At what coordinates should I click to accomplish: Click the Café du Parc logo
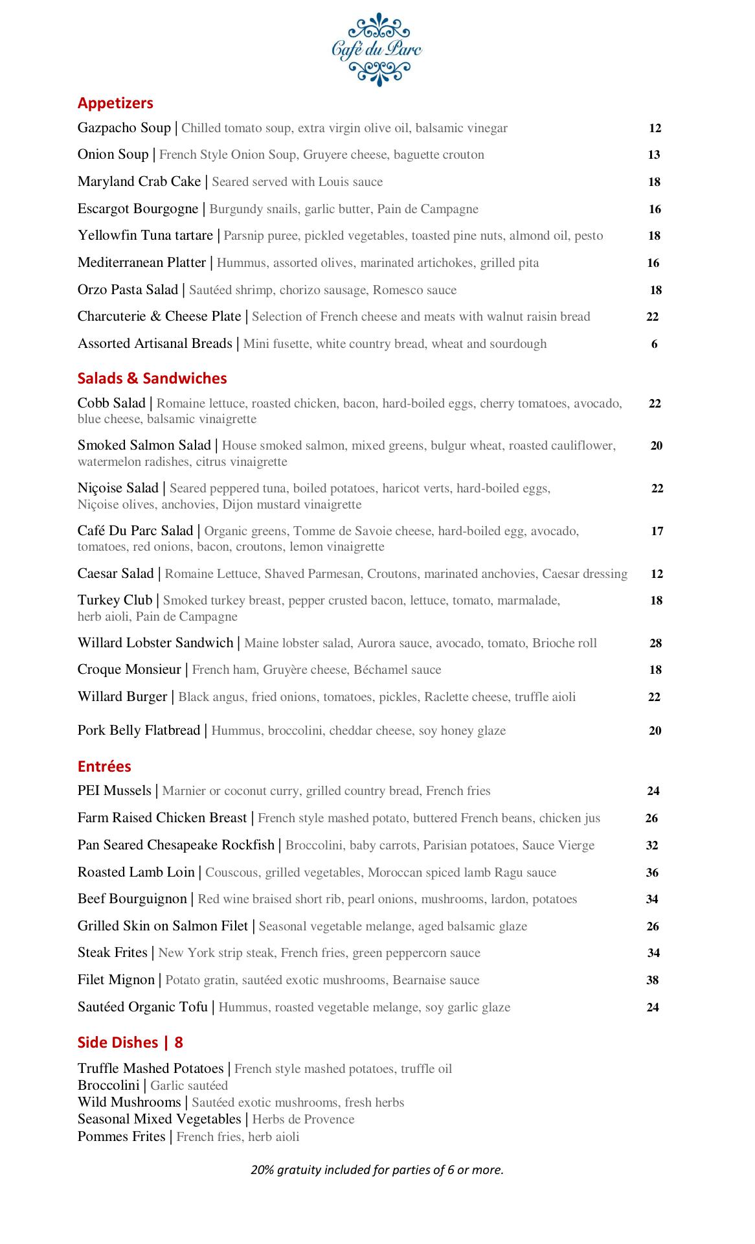coord(377,49)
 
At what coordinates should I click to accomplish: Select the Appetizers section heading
coord(115,103)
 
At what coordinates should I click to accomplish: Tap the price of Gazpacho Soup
coord(655,128)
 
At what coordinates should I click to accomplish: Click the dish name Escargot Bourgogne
coord(138,209)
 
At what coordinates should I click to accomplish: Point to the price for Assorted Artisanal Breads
coord(654,344)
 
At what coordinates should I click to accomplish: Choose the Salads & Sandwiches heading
coord(152,378)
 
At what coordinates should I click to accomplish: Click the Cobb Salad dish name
coord(111,404)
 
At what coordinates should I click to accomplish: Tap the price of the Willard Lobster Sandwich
coord(655,643)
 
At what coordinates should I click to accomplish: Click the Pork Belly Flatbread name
coord(139,730)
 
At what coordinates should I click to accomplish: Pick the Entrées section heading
coord(104,766)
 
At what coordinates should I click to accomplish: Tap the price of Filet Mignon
coord(652,980)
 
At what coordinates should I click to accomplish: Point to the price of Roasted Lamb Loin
coord(652,873)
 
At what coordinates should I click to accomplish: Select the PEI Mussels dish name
coord(114,790)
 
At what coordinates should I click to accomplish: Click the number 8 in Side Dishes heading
coord(179,1042)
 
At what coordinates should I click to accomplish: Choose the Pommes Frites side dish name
coord(121,1136)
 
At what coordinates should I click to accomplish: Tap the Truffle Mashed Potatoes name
coord(150,1068)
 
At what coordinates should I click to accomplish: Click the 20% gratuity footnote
coord(377,1169)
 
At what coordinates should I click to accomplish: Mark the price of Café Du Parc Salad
coord(657,531)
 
